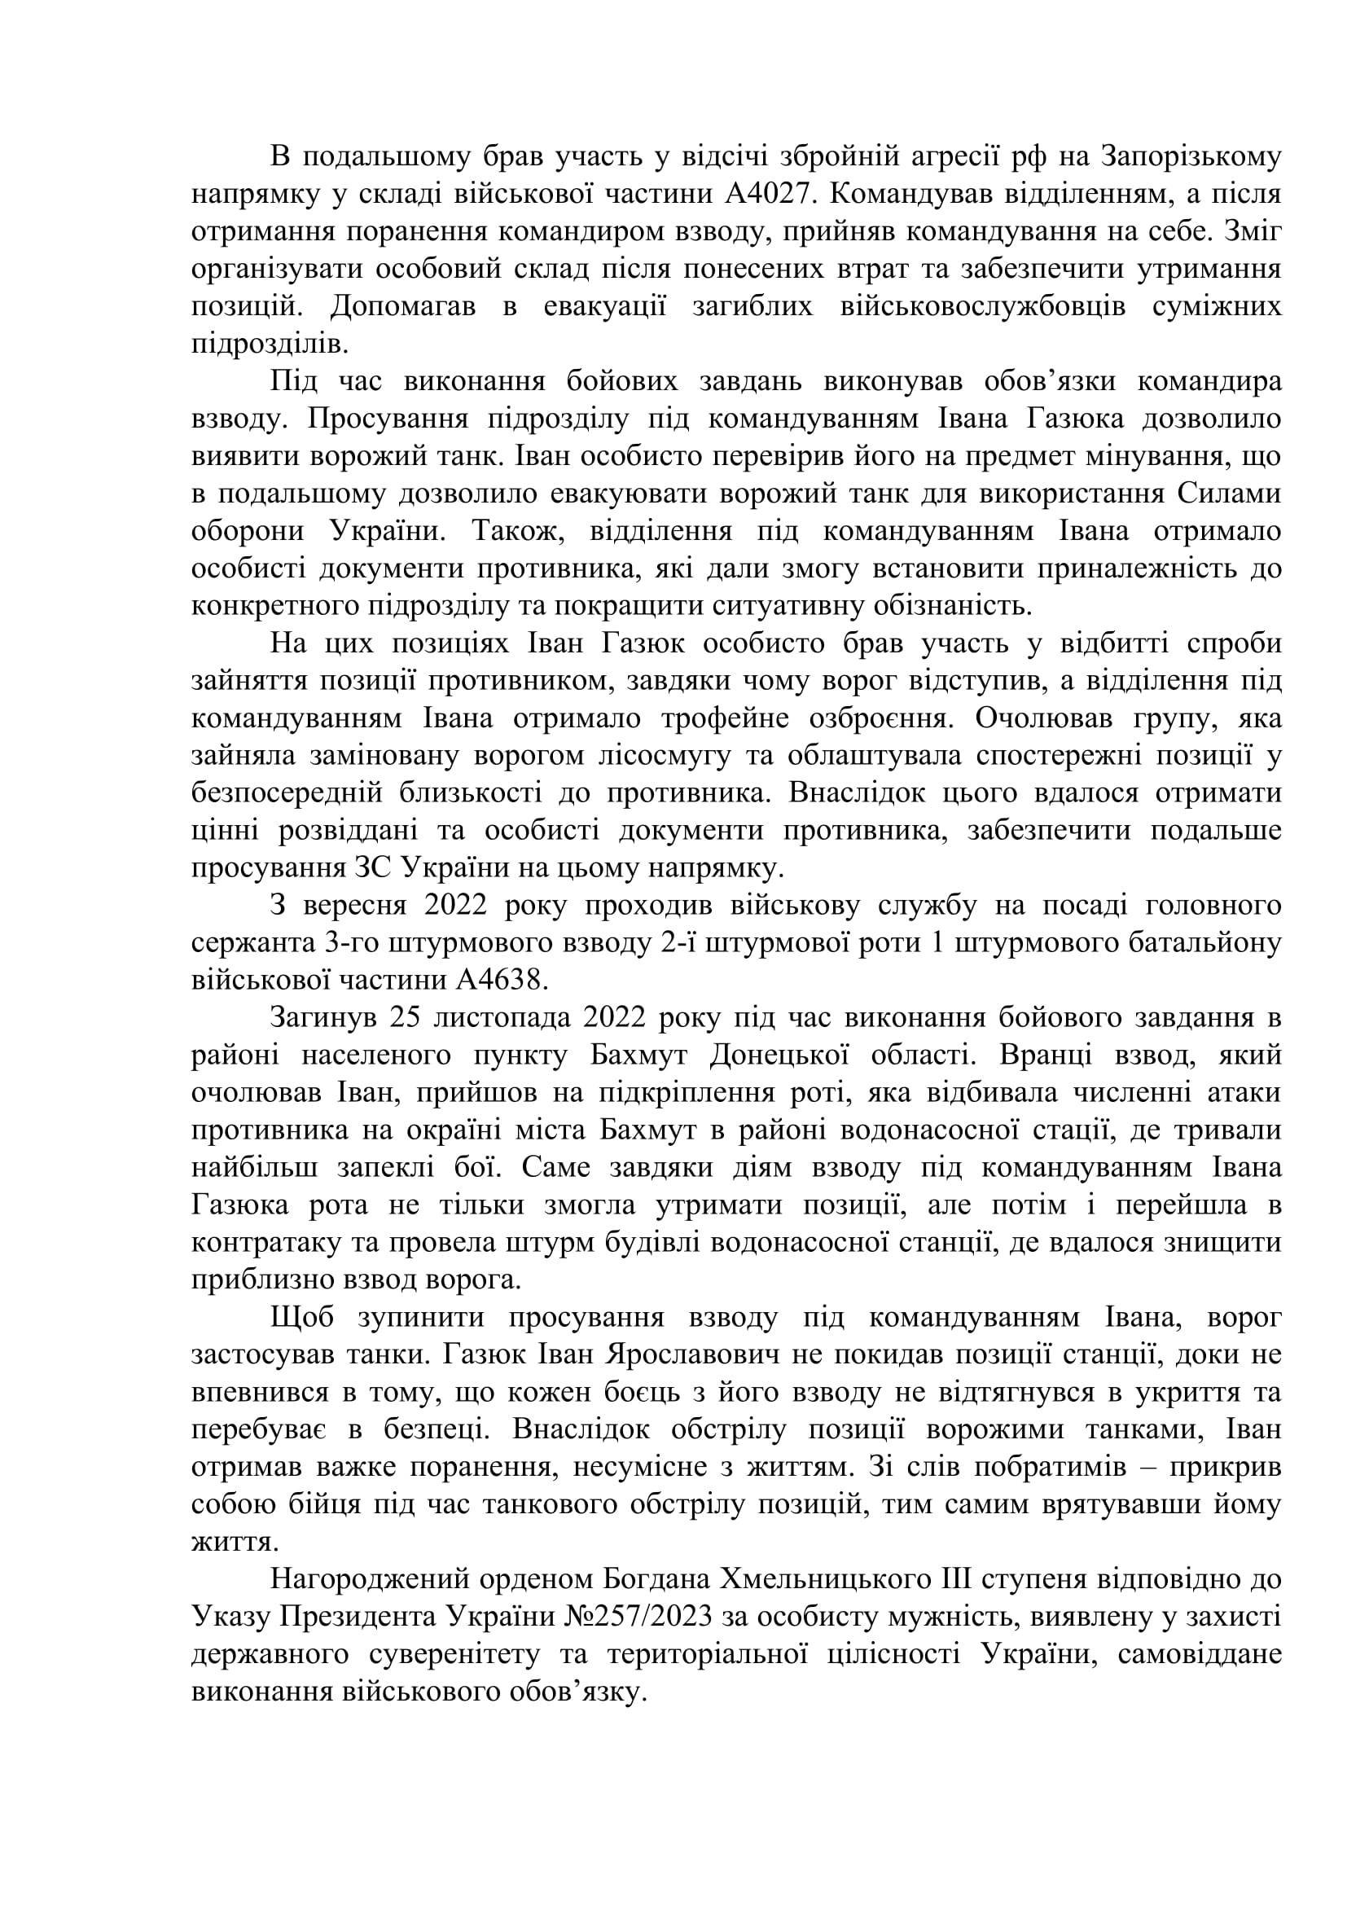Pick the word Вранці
[1052, 1056]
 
